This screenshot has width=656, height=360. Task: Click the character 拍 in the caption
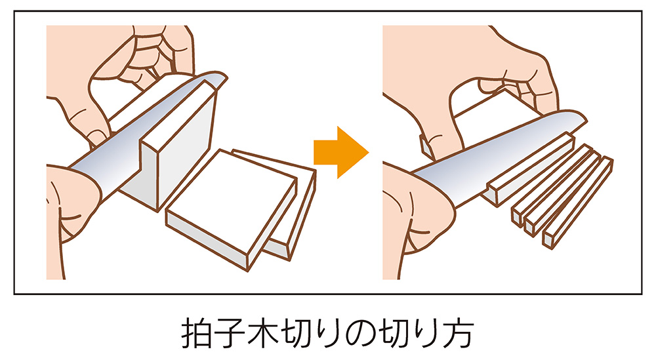(196, 335)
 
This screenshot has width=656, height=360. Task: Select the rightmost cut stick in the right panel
(577, 203)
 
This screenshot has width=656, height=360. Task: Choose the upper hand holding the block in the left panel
(131, 66)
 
